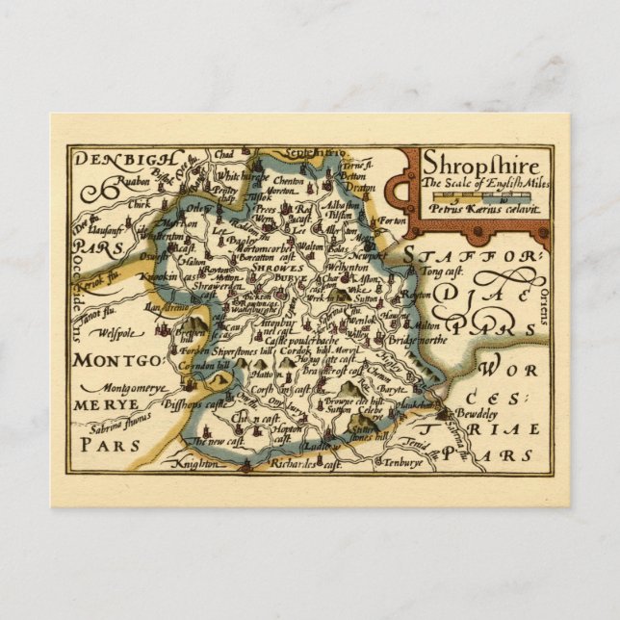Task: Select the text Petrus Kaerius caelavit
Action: [485, 209]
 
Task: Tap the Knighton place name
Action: [194, 463]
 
